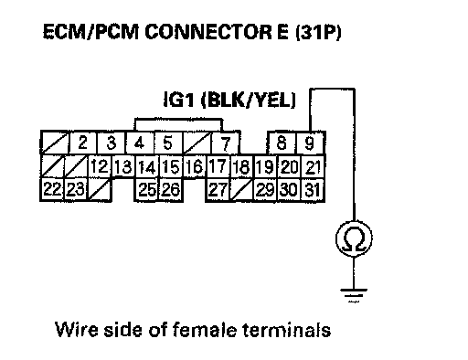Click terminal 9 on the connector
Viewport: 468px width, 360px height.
click(x=310, y=143)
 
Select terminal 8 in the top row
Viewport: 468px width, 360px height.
click(x=282, y=143)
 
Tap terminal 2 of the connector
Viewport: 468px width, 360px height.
click(x=83, y=143)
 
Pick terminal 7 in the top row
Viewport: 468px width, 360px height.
click(x=226, y=143)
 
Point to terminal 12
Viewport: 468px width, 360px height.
click(x=100, y=166)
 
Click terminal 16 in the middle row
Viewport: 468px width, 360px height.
click(x=195, y=166)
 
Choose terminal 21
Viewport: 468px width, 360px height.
click(x=313, y=166)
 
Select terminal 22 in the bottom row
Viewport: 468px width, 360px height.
click(x=52, y=189)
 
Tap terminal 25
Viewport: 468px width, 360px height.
click(x=147, y=190)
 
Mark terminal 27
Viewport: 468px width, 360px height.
click(x=218, y=190)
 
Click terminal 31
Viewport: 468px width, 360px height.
click(x=313, y=190)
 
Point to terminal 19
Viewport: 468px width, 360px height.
click(x=265, y=166)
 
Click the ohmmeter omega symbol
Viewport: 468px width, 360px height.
click(x=354, y=238)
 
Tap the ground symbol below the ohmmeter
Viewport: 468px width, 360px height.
click(x=354, y=295)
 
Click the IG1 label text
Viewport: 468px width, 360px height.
click(x=179, y=100)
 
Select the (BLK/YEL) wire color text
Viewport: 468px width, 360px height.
click(x=249, y=100)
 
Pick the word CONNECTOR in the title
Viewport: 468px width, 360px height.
click(x=207, y=32)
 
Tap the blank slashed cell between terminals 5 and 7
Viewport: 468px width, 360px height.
click(x=197, y=143)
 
